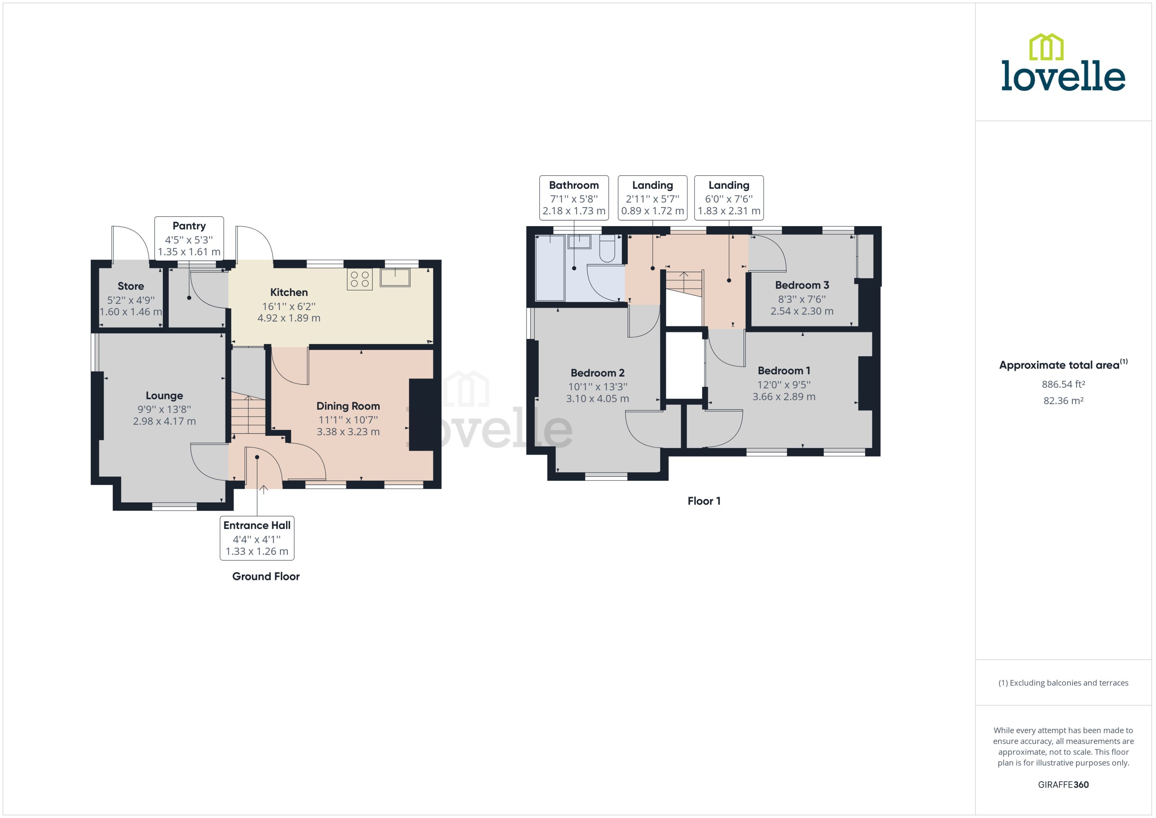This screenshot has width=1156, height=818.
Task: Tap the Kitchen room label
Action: (x=289, y=292)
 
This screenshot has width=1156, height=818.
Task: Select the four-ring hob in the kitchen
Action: (x=360, y=280)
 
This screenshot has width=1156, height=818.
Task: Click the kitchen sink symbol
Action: (x=395, y=277)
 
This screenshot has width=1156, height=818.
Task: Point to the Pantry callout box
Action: (x=189, y=238)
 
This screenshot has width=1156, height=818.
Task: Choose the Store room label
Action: (x=130, y=286)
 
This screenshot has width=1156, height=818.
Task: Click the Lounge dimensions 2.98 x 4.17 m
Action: (x=164, y=421)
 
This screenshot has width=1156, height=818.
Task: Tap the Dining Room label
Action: (x=348, y=406)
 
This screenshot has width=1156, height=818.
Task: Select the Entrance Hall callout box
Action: (x=257, y=538)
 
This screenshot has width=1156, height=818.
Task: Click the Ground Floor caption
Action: (x=266, y=576)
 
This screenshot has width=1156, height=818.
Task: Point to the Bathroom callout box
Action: (x=574, y=198)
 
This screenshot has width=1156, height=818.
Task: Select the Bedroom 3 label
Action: (x=802, y=285)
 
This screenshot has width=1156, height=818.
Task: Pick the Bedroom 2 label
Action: (x=597, y=373)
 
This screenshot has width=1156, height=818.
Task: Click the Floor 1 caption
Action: (x=704, y=501)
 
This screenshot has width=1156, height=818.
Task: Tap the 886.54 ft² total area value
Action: (x=1063, y=384)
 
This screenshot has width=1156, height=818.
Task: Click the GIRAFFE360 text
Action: (x=1063, y=784)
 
